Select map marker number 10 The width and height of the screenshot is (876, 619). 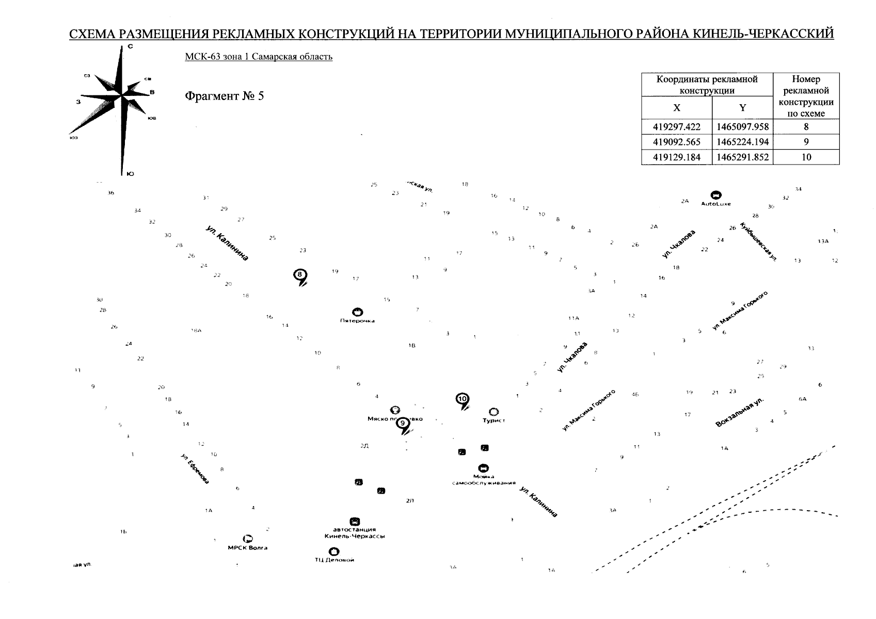pyautogui.click(x=463, y=399)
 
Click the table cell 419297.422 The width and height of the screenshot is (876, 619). pyautogui.click(x=676, y=127)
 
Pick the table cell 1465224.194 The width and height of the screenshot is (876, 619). pyautogui.click(x=742, y=142)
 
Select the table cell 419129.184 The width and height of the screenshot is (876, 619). pyautogui.click(x=676, y=157)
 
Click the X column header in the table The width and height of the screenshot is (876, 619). pyautogui.click(x=676, y=108)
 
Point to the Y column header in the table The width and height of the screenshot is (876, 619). pyautogui.click(x=742, y=108)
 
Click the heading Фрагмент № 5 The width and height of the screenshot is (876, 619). pyautogui.click(x=224, y=96)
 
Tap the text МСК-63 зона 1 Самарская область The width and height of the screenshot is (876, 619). pyautogui.click(x=259, y=56)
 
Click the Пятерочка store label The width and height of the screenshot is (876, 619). pyautogui.click(x=357, y=321)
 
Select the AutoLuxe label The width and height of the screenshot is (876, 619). pyautogui.click(x=715, y=204)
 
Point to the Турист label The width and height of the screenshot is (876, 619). pyautogui.click(x=493, y=420)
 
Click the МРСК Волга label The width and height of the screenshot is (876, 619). pyautogui.click(x=248, y=548)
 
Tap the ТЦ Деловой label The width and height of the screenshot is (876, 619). pyautogui.click(x=334, y=560)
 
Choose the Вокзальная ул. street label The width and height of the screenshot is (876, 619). pyautogui.click(x=739, y=412)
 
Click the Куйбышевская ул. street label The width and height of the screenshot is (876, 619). pyautogui.click(x=758, y=241)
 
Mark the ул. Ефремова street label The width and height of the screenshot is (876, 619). pyautogui.click(x=195, y=469)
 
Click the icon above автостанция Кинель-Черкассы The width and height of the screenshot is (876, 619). pyautogui.click(x=355, y=521)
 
